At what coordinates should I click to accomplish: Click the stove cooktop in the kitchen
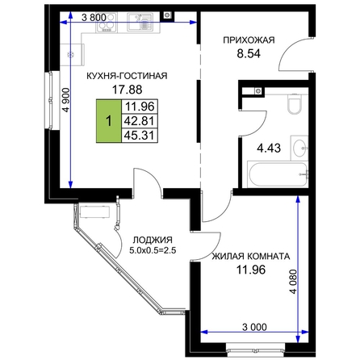107,22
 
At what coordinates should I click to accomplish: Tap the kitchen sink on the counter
140,22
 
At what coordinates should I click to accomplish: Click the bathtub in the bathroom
278,174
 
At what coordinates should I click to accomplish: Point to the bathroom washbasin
299,148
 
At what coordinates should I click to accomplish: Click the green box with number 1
109,121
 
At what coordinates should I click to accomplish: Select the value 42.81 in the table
140,121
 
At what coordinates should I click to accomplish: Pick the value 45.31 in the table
140,136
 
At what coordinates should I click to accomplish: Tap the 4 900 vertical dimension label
66,100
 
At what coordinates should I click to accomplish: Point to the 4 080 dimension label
294,282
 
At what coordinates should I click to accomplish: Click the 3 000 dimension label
254,327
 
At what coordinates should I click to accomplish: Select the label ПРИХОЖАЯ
249,40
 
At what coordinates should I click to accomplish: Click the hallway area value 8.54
249,54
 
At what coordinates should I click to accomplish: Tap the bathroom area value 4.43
269,148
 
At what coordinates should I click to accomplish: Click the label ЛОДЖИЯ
153,240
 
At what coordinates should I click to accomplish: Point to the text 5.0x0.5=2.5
153,250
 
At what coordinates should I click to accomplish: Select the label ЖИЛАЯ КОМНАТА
251,256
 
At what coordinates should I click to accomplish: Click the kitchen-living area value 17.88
127,90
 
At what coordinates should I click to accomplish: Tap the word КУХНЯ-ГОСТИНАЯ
127,76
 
